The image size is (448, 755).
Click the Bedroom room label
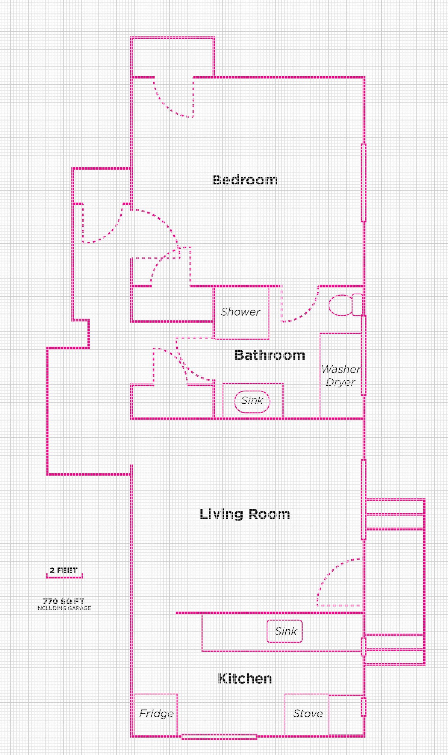click(x=245, y=180)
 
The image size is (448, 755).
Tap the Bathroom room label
click(x=270, y=355)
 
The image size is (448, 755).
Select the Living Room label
click(x=245, y=514)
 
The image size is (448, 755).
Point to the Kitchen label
click(x=245, y=678)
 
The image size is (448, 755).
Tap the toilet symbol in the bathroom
click(x=345, y=305)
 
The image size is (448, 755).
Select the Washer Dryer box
click(x=341, y=375)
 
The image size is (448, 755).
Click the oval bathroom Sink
click(x=252, y=400)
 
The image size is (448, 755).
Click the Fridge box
click(x=156, y=714)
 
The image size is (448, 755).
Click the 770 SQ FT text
click(x=63, y=601)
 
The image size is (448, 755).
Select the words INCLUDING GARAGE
click(x=63, y=608)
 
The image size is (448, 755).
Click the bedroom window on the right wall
click(x=364, y=182)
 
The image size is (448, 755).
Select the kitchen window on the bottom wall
click(x=219, y=737)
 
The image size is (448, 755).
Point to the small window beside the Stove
click(x=364, y=707)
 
